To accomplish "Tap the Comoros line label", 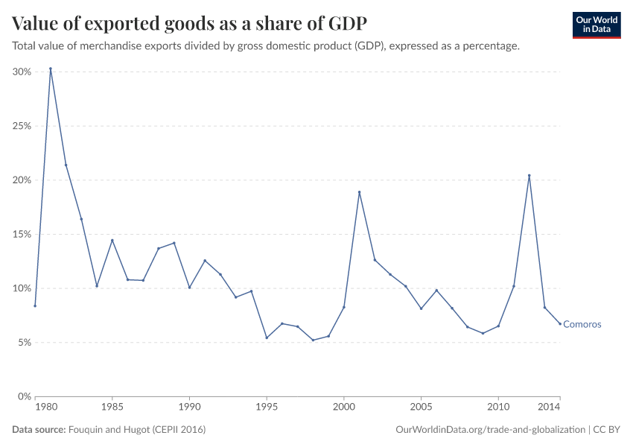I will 582,324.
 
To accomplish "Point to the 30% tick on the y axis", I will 21,72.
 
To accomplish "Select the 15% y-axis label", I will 21,234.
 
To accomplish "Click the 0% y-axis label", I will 24,396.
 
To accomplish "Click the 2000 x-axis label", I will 343,408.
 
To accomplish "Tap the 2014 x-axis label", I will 549,408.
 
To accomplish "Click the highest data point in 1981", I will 51,69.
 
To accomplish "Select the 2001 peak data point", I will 359,192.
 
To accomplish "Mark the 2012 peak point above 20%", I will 529,176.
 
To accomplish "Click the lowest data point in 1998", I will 313,340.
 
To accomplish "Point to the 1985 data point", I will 112,240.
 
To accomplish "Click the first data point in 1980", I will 35,305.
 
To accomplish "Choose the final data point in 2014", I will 559,323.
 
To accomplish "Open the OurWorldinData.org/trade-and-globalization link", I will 492,430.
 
